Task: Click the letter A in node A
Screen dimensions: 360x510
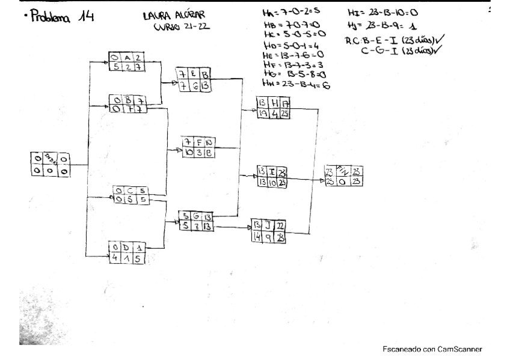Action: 127,58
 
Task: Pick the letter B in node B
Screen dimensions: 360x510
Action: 127,100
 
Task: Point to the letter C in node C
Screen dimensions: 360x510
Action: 130,192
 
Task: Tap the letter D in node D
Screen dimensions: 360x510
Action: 127,246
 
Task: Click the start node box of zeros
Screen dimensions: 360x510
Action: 49,165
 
